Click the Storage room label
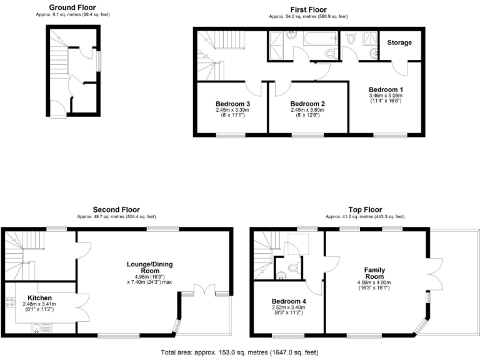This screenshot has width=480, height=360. click(x=400, y=43)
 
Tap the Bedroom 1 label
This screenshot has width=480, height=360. click(x=385, y=89)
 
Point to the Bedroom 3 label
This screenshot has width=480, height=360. click(x=232, y=104)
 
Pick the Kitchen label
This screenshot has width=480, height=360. click(x=39, y=297)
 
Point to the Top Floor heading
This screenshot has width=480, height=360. click(x=365, y=209)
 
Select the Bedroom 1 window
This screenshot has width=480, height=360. click(x=387, y=134)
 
